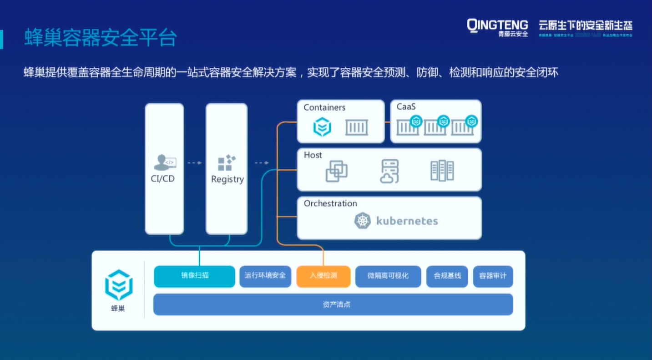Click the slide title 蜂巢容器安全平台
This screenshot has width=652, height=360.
tap(100, 38)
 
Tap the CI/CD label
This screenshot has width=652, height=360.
tap(163, 179)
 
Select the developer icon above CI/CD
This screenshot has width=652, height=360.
tap(164, 162)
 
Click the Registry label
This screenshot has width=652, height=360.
tap(227, 179)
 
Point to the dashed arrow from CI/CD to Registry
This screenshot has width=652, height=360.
tap(195, 163)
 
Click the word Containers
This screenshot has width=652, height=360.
tap(324, 108)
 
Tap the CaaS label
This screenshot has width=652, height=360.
tap(406, 107)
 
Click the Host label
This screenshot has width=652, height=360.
tap(313, 155)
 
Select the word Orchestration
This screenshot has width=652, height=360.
tap(330, 203)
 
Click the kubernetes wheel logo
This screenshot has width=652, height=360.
tap(363, 221)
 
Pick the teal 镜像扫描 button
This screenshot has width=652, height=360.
tap(194, 276)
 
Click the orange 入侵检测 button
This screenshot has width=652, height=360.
tap(323, 276)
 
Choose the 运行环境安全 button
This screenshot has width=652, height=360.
tap(265, 276)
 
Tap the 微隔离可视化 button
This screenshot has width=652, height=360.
tap(388, 276)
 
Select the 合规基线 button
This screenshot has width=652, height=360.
tap(447, 276)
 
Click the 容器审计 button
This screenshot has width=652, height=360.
tap(493, 276)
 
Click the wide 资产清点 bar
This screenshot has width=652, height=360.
tap(333, 304)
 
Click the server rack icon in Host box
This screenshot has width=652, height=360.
tap(442, 171)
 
